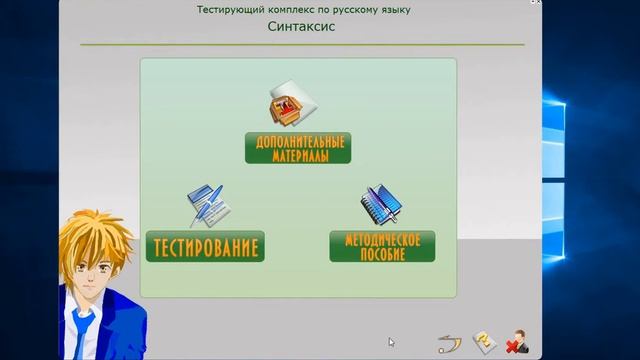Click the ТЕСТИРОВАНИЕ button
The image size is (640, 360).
coord(205,246)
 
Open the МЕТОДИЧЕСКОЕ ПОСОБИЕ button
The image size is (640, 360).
coord(382,246)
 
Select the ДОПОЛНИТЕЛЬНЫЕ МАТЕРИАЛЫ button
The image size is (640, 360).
coord(297,148)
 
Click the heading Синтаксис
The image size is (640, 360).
coord(301,27)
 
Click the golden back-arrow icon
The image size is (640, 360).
coord(447,344)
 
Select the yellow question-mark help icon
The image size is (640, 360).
coord(482,343)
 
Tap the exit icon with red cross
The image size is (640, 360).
coord(517,343)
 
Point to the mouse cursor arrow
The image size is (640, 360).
coord(391,342)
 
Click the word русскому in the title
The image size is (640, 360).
coord(346,9)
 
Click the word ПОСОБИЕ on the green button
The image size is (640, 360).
coord(382,254)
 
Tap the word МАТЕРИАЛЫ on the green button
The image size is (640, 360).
coord(297,156)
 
